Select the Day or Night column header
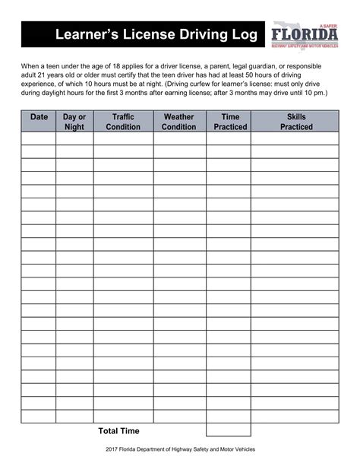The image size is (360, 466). (74, 122)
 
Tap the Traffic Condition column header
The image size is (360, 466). (123, 122)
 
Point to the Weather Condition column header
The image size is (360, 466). (178, 122)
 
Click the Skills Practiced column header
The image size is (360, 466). (295, 122)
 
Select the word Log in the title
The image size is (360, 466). (238, 36)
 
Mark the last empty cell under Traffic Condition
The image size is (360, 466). (123, 416)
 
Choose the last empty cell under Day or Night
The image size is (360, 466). (74, 416)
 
